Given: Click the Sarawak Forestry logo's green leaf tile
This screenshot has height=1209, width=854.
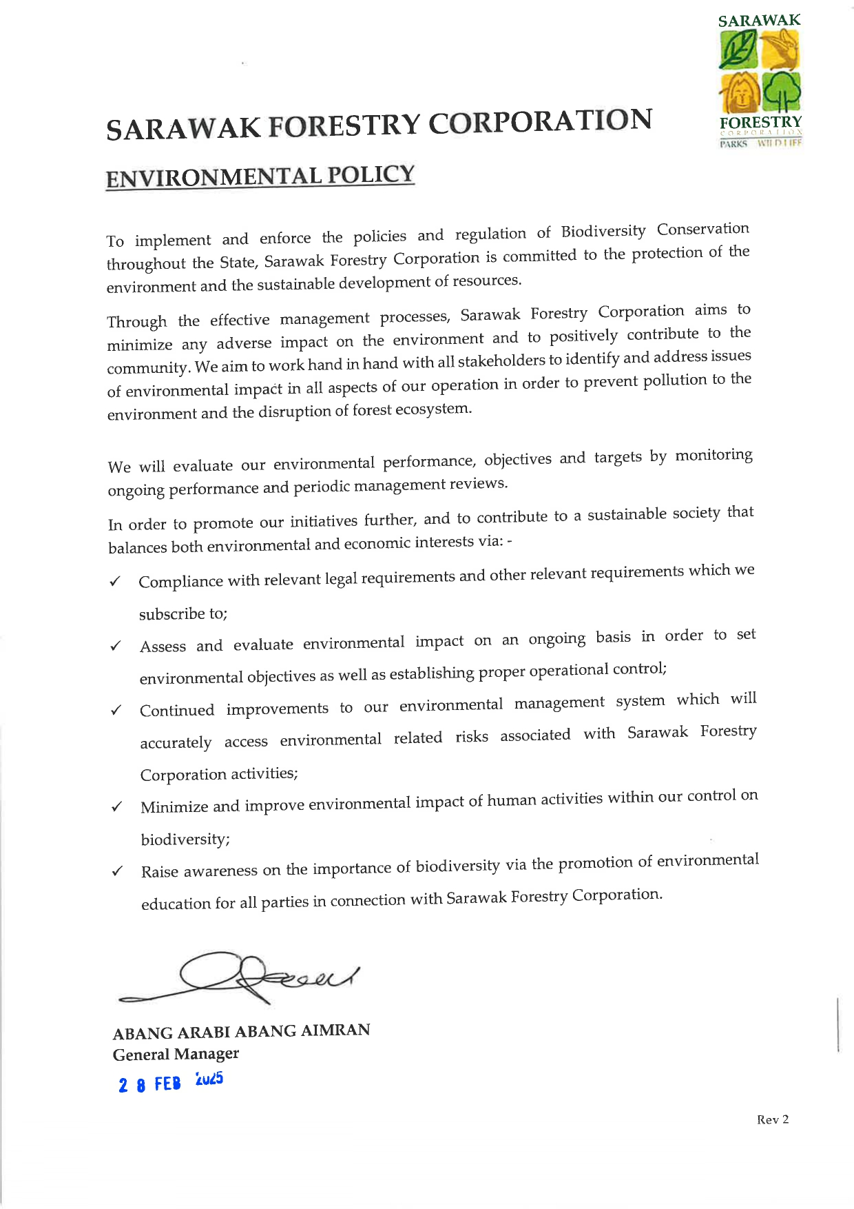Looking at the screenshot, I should (x=738, y=50).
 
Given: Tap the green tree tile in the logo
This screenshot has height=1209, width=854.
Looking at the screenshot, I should (x=781, y=92).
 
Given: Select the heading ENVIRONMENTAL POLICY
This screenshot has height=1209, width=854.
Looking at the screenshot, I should (x=260, y=176).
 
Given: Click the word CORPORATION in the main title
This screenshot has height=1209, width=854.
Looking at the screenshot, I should (x=540, y=122).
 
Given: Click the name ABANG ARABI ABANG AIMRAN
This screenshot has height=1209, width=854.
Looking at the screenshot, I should (x=241, y=1032).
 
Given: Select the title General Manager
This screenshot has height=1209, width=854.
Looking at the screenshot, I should (x=176, y=1055).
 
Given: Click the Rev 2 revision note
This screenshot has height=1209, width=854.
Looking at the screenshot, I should (x=773, y=1120).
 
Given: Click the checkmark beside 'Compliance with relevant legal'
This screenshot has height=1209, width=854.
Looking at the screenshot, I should (x=115, y=582).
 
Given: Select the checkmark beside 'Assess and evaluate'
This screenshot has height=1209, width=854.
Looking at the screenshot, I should (x=116, y=647).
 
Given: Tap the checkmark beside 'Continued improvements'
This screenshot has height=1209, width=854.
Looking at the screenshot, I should (x=116, y=711).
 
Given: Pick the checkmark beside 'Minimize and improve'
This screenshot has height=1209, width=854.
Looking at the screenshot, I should (x=117, y=807).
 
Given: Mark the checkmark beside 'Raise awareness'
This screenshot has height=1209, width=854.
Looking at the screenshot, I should (x=117, y=871).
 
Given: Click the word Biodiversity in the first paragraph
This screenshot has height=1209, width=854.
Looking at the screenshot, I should (x=603, y=232).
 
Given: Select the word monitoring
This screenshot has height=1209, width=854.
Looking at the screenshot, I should (x=714, y=456).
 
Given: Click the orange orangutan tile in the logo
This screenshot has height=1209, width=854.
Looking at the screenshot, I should (x=738, y=92).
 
